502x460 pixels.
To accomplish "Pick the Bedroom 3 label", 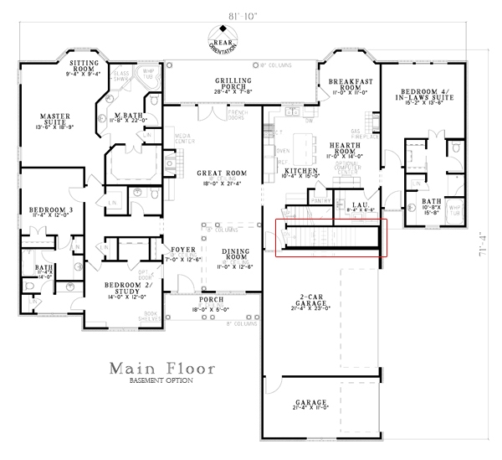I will coord(48,210).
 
